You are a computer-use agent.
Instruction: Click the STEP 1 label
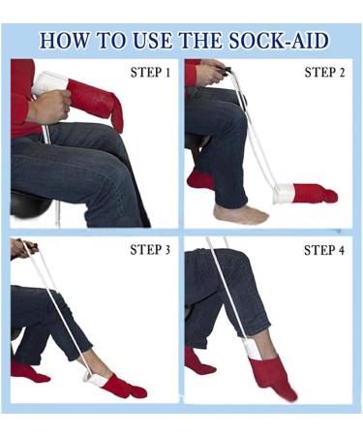pyautogui.click(x=150, y=73)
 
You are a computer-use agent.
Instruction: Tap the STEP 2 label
pyautogui.click(x=324, y=73)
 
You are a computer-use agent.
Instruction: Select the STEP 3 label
pyautogui.click(x=150, y=250)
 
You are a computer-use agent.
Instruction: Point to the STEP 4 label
pyautogui.click(x=324, y=250)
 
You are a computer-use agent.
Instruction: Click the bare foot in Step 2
pyautogui.click(x=238, y=213)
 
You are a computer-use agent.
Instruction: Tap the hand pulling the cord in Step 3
pyautogui.click(x=19, y=249)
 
